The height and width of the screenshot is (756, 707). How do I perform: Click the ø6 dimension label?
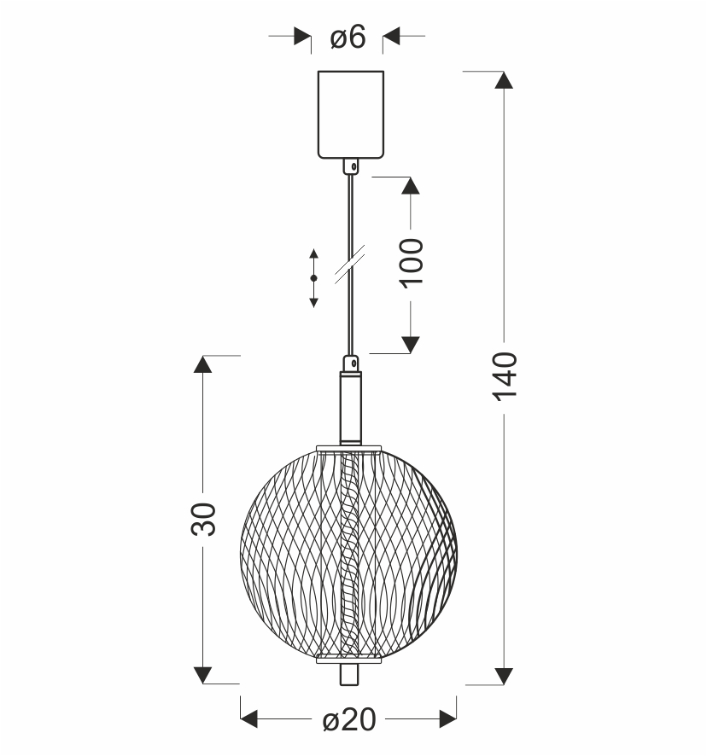point(348,38)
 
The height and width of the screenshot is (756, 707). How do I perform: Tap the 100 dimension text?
point(412,264)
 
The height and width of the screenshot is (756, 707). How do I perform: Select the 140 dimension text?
point(505,376)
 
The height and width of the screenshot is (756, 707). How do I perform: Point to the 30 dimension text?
point(203,520)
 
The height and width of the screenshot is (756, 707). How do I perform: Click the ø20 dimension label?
point(348,720)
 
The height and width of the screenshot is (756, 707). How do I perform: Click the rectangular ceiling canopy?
point(351,114)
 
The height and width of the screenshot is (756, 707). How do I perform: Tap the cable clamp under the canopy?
point(351,166)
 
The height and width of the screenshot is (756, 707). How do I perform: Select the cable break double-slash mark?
point(349,264)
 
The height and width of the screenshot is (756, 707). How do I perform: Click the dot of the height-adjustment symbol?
point(313,278)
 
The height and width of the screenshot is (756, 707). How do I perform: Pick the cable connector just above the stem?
point(351,363)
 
